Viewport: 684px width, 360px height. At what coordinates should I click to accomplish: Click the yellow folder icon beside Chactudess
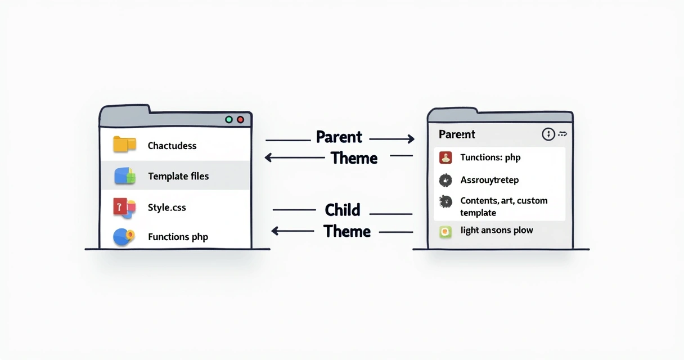pyautogui.click(x=124, y=145)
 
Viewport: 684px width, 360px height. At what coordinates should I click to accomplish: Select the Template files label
pyautogui.click(x=178, y=176)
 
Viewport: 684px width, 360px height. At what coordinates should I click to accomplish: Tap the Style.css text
pyautogui.click(x=167, y=208)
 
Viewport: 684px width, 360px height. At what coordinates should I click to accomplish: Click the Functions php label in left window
pyautogui.click(x=178, y=237)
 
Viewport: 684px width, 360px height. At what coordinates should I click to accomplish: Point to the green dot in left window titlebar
pyautogui.click(x=228, y=120)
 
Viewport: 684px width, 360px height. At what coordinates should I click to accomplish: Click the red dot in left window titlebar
pyautogui.click(x=241, y=120)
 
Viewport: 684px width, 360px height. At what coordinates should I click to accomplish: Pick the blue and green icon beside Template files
pyautogui.click(x=125, y=176)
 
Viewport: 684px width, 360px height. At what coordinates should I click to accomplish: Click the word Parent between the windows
pyautogui.click(x=339, y=137)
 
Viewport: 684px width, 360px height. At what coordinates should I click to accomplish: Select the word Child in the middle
pyautogui.click(x=342, y=210)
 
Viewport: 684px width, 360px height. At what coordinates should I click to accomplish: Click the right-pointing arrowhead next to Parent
pyautogui.click(x=411, y=139)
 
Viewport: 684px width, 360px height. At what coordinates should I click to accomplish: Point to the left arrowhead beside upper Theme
pyautogui.click(x=269, y=159)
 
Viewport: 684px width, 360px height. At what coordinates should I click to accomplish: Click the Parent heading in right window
pyautogui.click(x=457, y=134)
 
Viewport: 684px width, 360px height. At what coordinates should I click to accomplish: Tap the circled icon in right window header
pyautogui.click(x=548, y=134)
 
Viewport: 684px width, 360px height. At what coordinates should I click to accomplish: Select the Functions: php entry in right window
pyautogui.click(x=490, y=157)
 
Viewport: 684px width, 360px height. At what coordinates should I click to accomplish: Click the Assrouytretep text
pyautogui.click(x=489, y=180)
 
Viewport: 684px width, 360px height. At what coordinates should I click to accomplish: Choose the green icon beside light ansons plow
pyautogui.click(x=446, y=231)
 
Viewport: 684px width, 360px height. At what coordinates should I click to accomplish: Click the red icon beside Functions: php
pyautogui.click(x=445, y=157)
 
